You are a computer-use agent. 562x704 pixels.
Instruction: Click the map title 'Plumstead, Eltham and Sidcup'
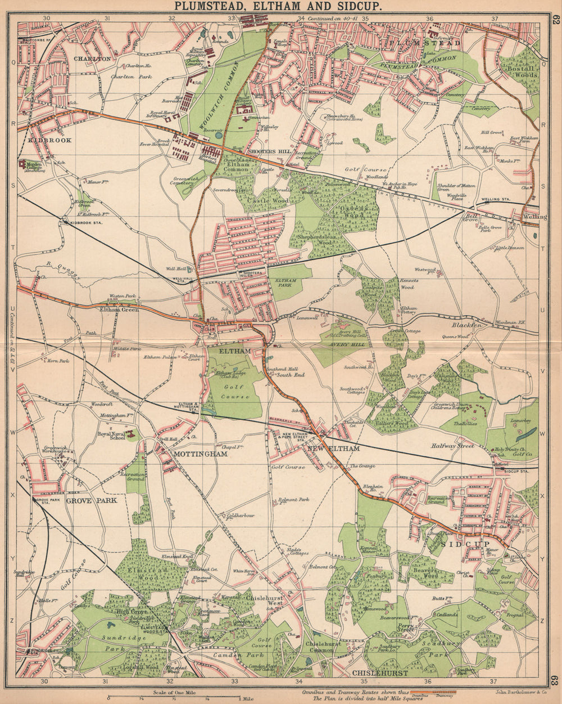(x=279, y=6)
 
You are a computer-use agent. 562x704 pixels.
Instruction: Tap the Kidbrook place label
(x=50, y=140)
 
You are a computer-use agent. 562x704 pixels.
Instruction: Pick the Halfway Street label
(x=453, y=446)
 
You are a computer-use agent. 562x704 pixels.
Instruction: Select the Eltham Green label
(x=119, y=309)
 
